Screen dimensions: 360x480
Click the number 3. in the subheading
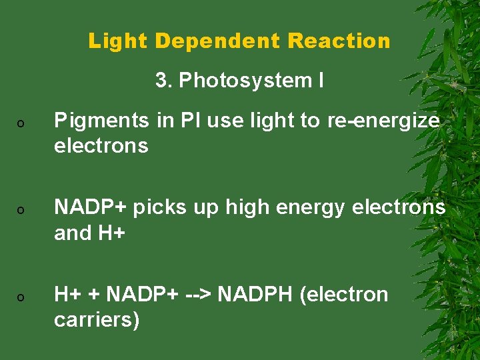pos(164,81)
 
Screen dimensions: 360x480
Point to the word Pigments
pos(99,121)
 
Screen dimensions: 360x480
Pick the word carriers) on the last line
pos(97,319)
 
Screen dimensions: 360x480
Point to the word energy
pos(307,207)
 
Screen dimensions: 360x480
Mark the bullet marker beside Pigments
pos(21,125)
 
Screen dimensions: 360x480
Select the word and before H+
pos(73,233)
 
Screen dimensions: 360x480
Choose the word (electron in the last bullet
pos(344,294)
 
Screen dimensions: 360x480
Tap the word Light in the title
pos(117,41)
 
